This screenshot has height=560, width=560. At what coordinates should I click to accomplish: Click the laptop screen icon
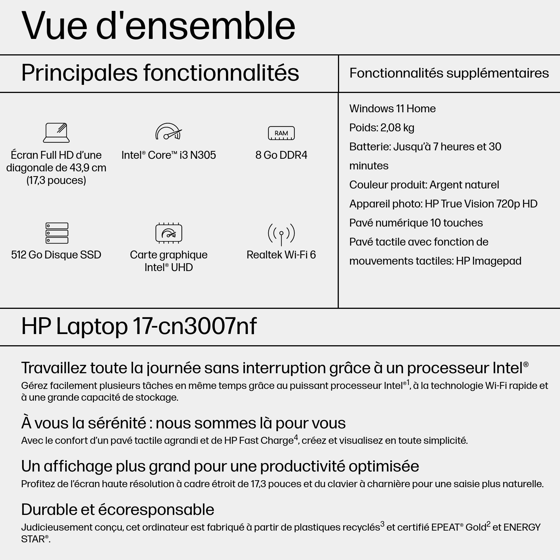[x=56, y=132]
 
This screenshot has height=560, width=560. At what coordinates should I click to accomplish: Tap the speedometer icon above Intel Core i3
[x=168, y=132]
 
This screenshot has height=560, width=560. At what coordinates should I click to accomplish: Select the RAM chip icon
[x=281, y=133]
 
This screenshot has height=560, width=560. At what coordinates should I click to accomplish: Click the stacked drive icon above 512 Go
[x=57, y=233]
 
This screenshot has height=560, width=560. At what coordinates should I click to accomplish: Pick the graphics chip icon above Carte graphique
[x=169, y=233]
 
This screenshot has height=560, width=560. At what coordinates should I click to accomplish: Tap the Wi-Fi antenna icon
[x=281, y=234]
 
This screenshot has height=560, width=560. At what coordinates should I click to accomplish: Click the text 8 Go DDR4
[x=281, y=155]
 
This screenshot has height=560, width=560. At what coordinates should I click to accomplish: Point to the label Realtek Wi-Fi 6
[x=281, y=255]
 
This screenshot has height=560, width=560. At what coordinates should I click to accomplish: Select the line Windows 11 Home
[x=392, y=109]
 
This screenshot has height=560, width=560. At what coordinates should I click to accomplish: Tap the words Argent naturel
[x=464, y=185]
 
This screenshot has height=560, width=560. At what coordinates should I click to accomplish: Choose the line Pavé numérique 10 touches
[x=416, y=223]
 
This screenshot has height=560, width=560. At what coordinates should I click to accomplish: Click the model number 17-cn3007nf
[x=195, y=326]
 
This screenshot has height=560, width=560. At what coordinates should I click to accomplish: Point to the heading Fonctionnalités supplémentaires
[x=449, y=73]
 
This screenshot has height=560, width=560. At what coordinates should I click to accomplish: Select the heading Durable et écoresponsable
[x=117, y=509]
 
